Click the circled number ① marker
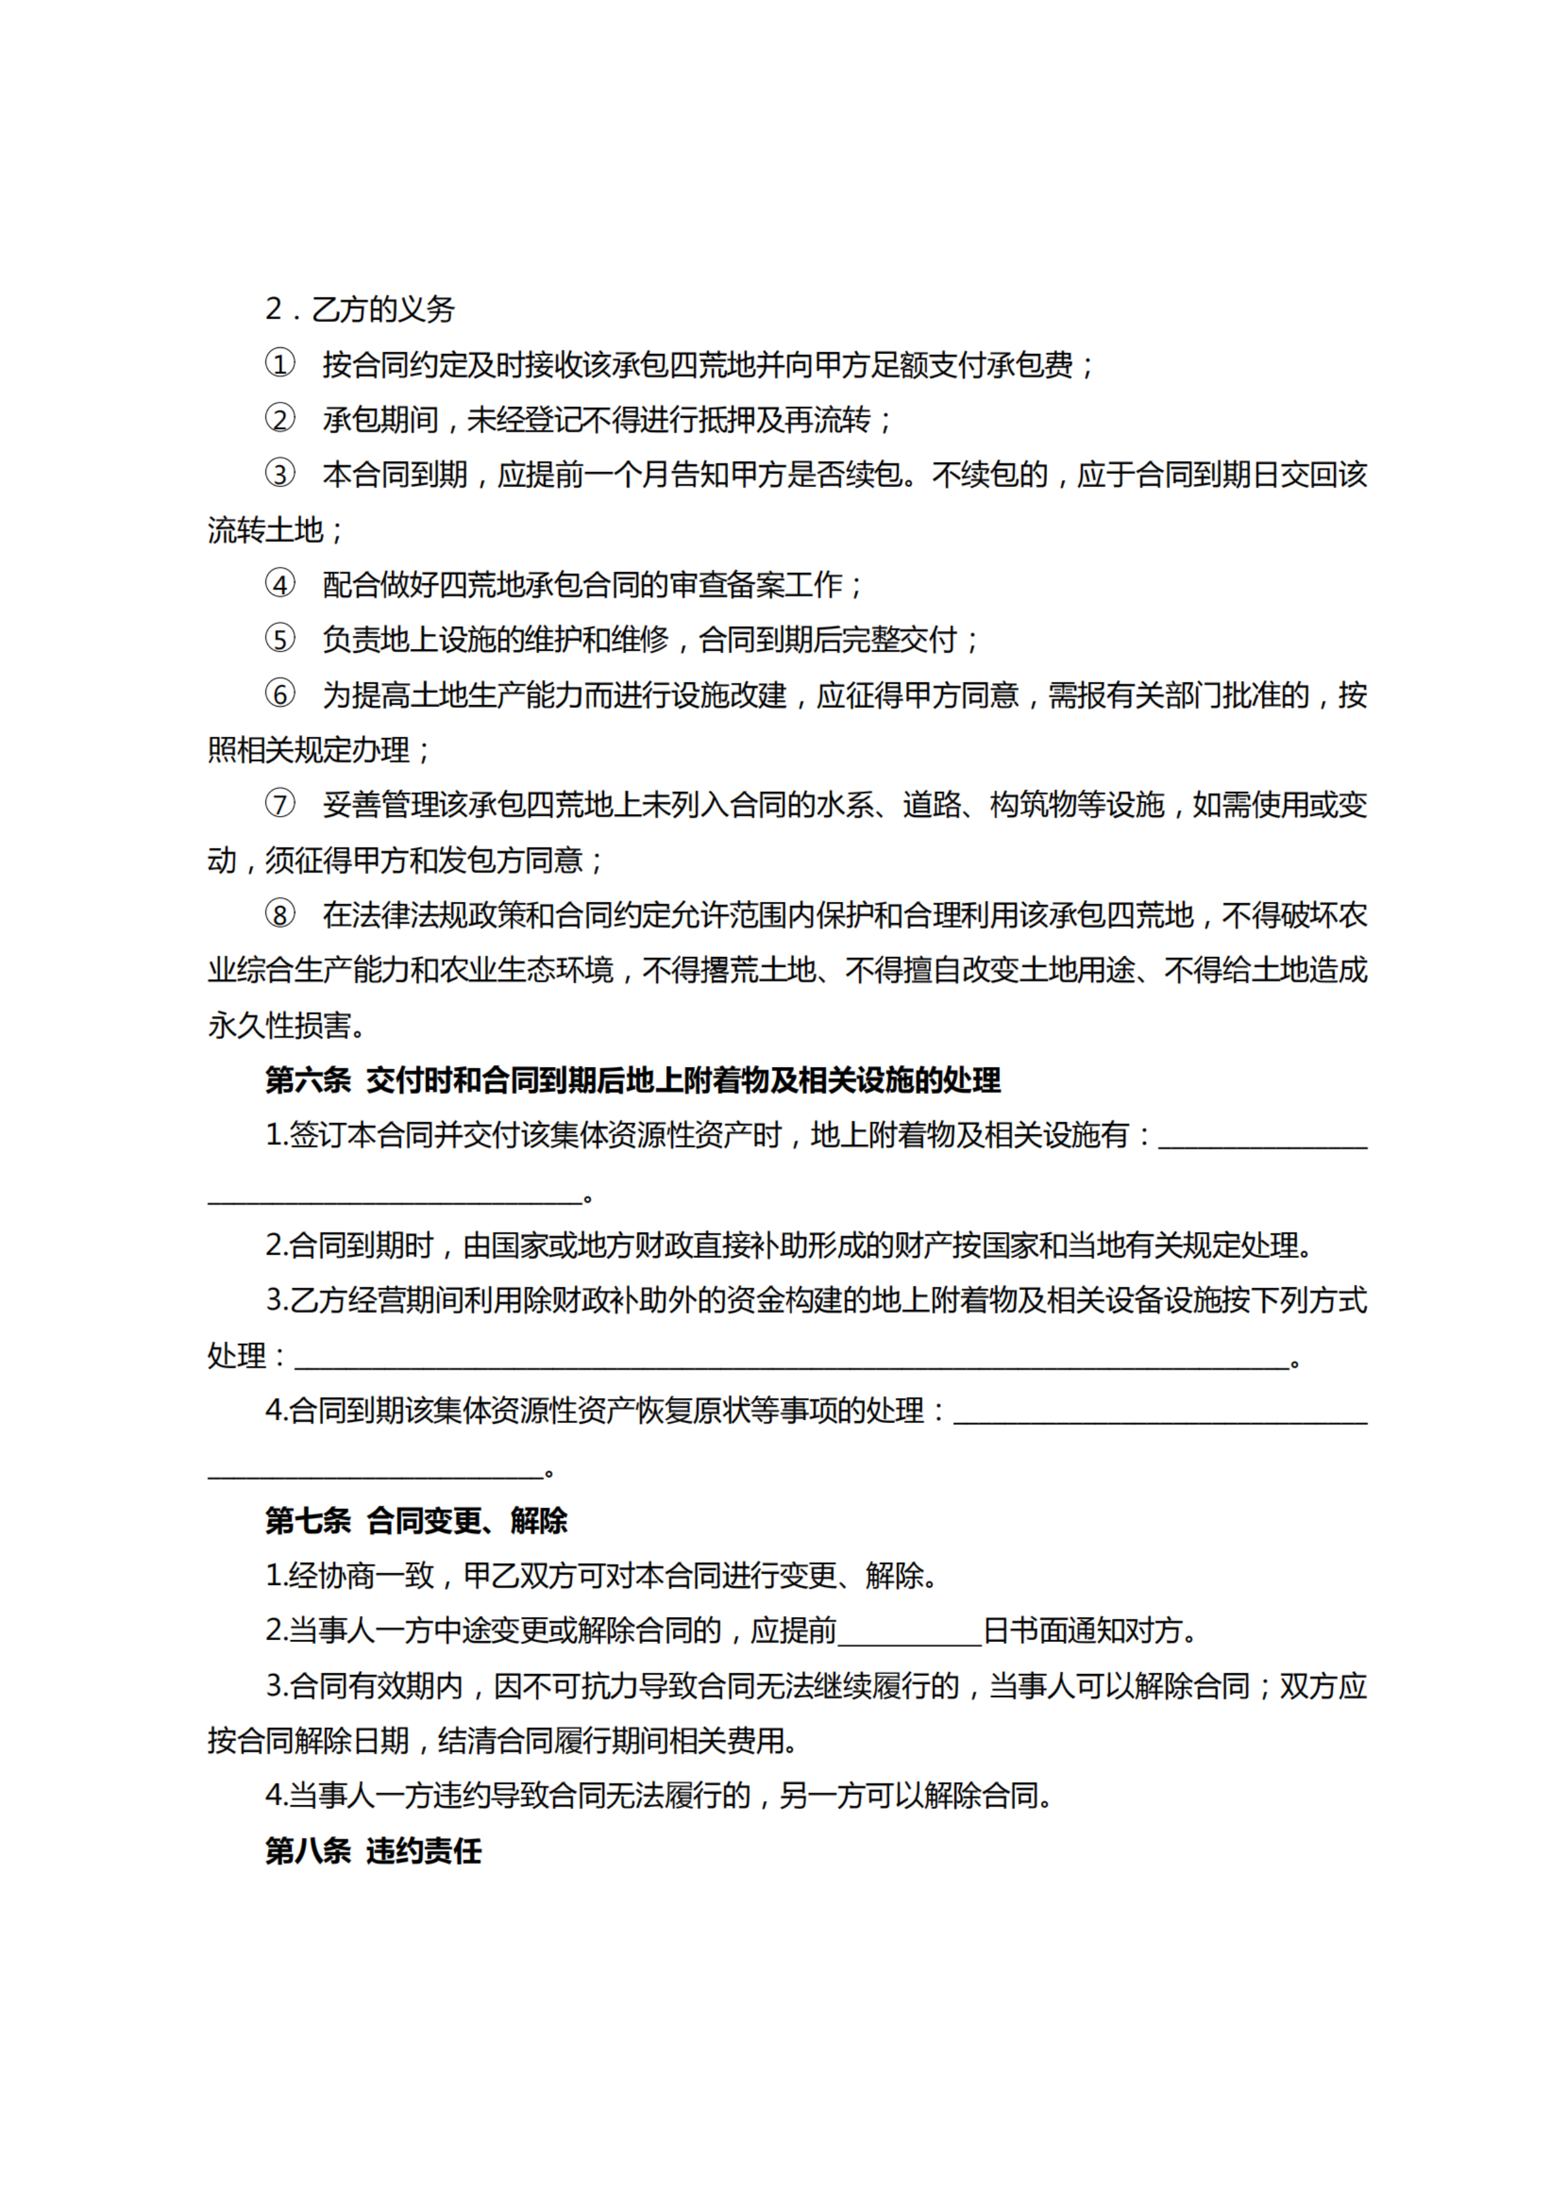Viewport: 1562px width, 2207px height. [280, 364]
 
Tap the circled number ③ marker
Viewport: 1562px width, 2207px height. [280, 475]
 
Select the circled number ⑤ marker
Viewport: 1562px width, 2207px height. [280, 640]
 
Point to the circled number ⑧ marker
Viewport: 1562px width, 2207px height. [280, 915]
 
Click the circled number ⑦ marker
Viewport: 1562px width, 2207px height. [280, 804]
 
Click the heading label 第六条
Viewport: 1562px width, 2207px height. [308, 1080]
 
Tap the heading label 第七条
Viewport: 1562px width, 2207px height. [308, 1521]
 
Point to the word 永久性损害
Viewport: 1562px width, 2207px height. [279, 1026]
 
